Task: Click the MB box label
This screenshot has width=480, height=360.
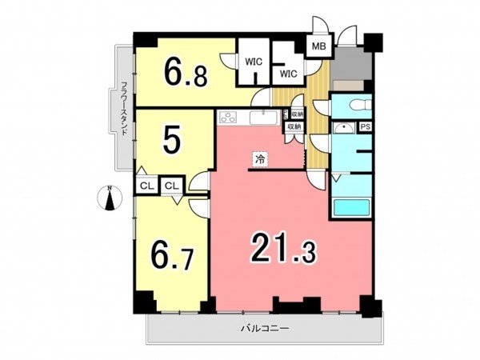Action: (x=318, y=46)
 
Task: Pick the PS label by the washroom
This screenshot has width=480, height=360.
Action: (x=366, y=126)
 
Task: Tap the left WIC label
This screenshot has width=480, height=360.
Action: (x=254, y=61)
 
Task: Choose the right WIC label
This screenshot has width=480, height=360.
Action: (x=288, y=74)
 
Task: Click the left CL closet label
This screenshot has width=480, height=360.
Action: (x=146, y=186)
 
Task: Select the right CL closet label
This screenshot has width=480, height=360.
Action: (x=172, y=186)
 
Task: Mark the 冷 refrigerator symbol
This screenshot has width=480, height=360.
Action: (x=260, y=158)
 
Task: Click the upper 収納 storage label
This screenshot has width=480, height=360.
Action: (x=296, y=114)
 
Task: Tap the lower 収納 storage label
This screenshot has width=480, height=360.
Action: (x=294, y=126)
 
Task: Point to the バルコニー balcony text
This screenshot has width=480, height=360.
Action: (x=264, y=329)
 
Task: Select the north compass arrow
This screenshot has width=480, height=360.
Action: (x=110, y=198)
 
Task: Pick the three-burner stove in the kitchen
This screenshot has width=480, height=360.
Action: (x=228, y=118)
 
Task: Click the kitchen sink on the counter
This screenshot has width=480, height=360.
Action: (x=262, y=118)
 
